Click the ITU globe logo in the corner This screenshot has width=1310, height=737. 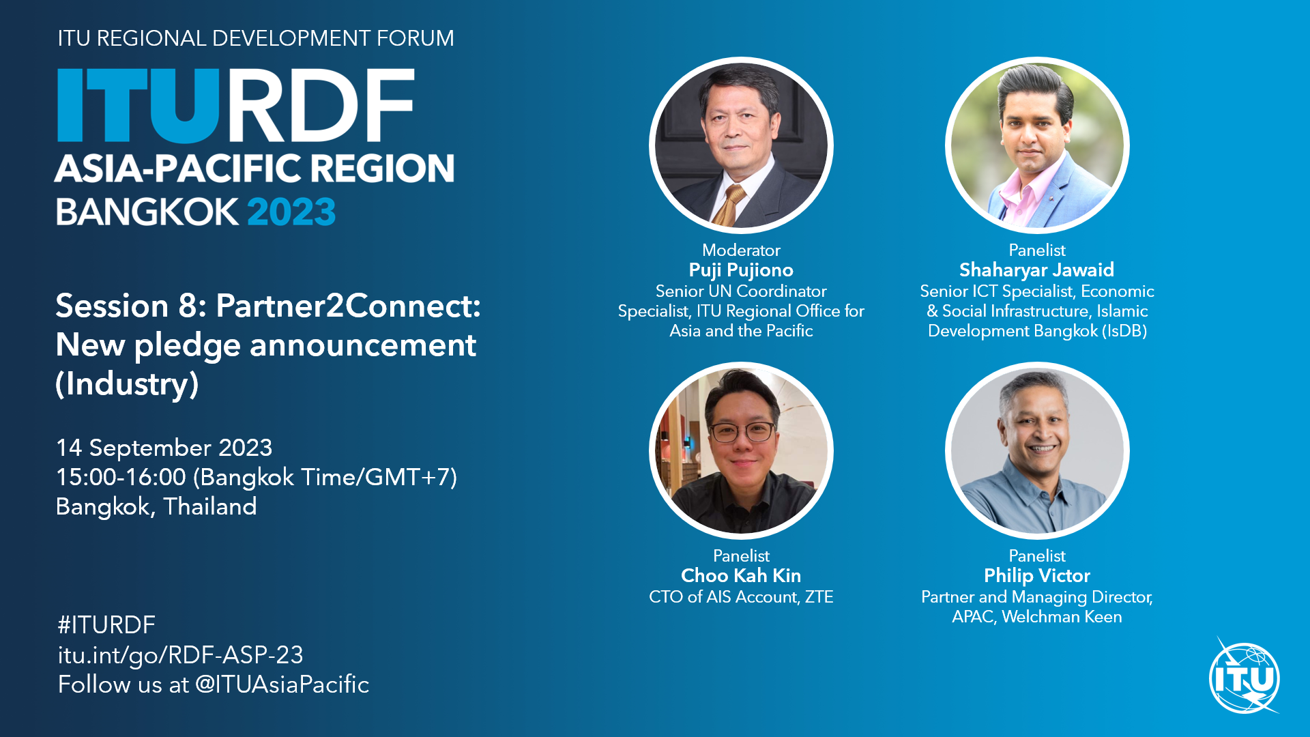(x=1244, y=678)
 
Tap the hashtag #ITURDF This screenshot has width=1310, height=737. (x=106, y=625)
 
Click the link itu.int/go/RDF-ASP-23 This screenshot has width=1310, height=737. (x=180, y=655)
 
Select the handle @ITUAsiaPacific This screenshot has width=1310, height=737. (x=282, y=684)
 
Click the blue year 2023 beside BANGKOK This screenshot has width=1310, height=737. (x=291, y=212)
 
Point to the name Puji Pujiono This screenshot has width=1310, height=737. (x=741, y=270)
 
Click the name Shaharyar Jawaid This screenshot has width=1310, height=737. (x=1036, y=270)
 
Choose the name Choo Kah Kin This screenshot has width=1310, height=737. (x=741, y=576)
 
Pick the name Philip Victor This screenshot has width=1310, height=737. (x=1037, y=576)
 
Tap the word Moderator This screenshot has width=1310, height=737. (x=741, y=250)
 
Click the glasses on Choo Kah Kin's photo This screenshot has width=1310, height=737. (x=742, y=432)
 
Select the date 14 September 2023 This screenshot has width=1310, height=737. (x=164, y=448)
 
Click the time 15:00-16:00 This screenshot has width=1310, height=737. (x=121, y=477)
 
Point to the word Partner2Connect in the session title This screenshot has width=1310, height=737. (x=348, y=306)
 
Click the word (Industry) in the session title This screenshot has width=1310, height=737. (x=127, y=384)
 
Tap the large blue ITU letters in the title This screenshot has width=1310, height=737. (x=139, y=105)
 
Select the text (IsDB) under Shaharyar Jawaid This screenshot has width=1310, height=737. (x=1124, y=332)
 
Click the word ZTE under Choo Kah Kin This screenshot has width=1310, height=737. (x=819, y=597)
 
